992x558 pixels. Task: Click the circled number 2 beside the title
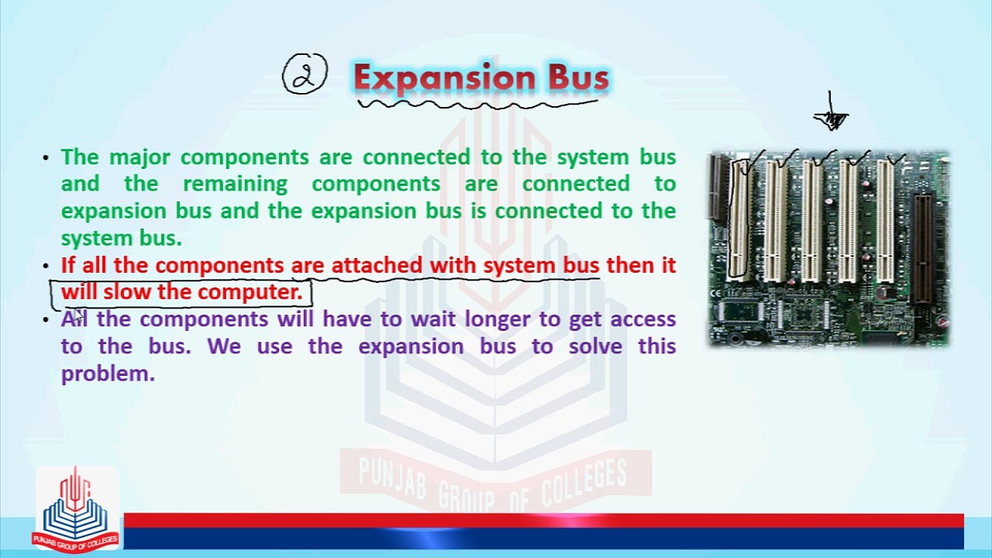(x=304, y=75)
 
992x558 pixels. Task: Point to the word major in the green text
(x=140, y=157)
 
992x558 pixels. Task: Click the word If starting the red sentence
(x=68, y=265)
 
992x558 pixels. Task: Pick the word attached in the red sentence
(x=377, y=265)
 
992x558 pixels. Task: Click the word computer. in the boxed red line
(x=250, y=292)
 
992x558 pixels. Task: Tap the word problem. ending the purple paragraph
(x=108, y=374)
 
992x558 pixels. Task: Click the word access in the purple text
(x=642, y=319)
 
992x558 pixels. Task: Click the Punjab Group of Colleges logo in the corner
(x=75, y=509)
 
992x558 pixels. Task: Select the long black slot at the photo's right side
(x=922, y=248)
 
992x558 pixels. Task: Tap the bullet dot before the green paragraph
(x=46, y=158)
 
